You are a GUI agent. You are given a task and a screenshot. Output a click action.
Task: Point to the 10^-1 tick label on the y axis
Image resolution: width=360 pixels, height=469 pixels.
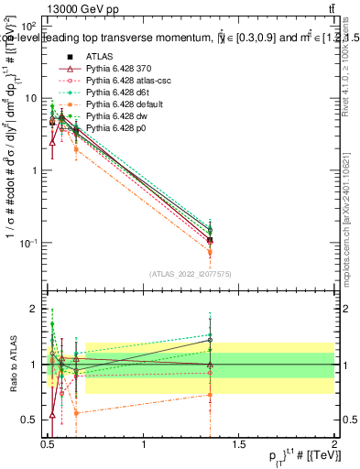(x=27, y=243)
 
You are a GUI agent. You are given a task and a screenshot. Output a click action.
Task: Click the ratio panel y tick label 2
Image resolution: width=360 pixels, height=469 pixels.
(x=35, y=310)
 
